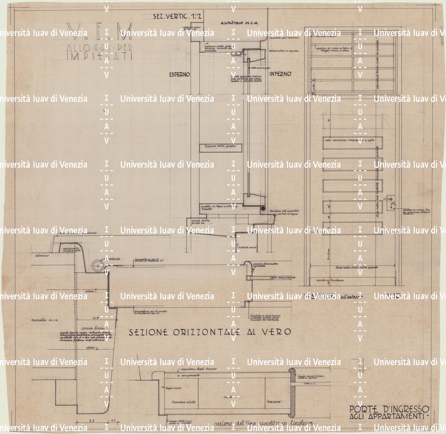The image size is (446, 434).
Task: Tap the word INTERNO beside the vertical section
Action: [280, 74]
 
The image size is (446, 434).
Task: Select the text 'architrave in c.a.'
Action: [236, 22]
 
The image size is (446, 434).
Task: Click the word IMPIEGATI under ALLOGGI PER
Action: [99, 57]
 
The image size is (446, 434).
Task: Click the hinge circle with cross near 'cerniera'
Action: [97, 266]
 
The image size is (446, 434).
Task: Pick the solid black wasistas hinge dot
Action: [263, 209]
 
